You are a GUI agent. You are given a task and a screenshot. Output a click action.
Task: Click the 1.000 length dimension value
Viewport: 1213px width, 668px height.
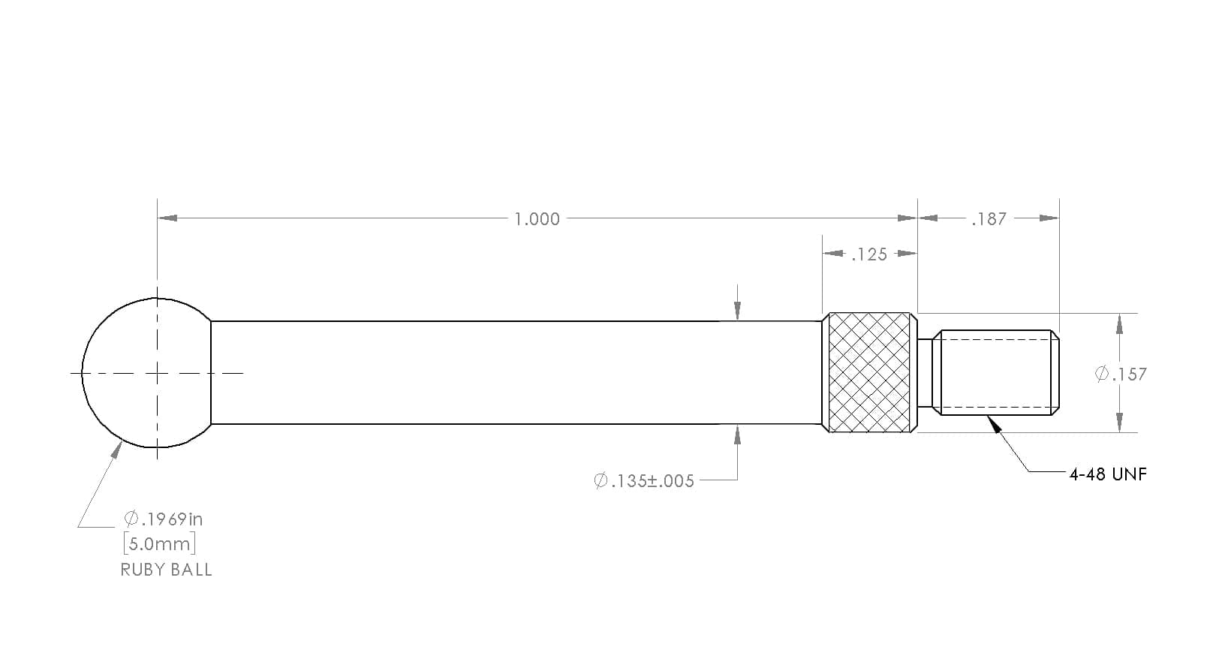click(x=537, y=218)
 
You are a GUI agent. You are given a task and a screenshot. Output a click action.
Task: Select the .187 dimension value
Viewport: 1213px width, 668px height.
click(x=989, y=218)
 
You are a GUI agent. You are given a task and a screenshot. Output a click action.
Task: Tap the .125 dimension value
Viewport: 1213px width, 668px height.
click(x=869, y=254)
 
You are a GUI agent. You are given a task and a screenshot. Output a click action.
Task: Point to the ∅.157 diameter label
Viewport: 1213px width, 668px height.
click(x=1121, y=374)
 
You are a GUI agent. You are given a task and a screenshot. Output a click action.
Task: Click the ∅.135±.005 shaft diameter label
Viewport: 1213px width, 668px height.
click(x=644, y=480)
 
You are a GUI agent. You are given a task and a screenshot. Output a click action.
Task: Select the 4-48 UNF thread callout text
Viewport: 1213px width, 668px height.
click(x=1108, y=474)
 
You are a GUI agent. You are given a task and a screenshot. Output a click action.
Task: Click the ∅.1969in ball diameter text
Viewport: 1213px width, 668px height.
click(x=164, y=519)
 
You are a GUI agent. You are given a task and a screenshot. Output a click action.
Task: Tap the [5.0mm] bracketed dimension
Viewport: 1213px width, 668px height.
click(x=160, y=543)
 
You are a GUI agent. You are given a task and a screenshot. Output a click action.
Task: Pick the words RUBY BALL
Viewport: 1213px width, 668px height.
click(x=166, y=570)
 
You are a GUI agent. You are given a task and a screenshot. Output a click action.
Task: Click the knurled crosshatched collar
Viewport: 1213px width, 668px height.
click(x=870, y=372)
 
